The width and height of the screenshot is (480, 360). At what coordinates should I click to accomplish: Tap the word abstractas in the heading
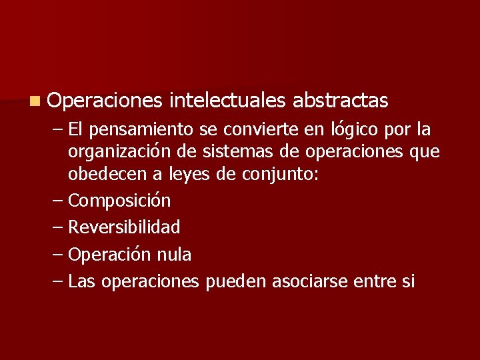click(340, 101)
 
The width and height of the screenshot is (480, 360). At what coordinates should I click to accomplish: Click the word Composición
click(119, 201)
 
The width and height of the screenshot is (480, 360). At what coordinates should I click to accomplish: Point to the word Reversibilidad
click(124, 227)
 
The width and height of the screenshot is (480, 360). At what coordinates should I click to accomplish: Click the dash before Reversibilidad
click(58, 227)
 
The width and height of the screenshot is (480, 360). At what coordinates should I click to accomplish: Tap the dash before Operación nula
click(58, 254)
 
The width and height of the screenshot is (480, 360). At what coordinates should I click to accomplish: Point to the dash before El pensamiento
click(58, 129)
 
